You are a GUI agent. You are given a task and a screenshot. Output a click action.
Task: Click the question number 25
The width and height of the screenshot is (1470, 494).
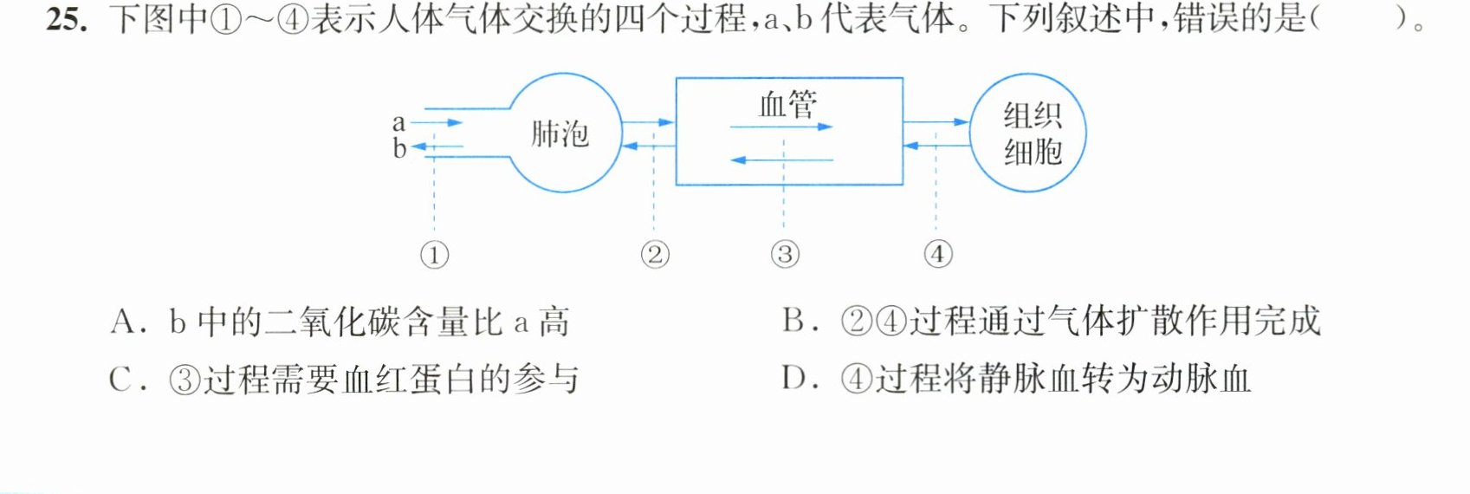67,19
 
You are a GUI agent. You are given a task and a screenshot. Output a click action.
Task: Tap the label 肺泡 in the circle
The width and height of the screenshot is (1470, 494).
560,134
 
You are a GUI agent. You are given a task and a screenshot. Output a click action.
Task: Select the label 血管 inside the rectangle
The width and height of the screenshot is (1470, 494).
788,105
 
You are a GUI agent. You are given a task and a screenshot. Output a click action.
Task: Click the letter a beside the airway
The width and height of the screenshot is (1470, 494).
398,123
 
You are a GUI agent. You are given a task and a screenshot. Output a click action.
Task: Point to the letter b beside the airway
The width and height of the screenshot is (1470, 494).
399,148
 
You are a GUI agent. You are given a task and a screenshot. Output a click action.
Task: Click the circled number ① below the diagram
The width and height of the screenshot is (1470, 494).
435,255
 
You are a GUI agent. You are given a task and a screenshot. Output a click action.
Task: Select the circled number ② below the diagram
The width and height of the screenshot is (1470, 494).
655,254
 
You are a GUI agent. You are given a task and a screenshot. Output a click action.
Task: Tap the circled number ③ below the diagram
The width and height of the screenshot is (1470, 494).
785,254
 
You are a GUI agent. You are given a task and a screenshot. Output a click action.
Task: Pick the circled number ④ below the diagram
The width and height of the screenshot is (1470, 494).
938,254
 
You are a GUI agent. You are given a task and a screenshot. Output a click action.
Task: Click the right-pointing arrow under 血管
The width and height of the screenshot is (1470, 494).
781,127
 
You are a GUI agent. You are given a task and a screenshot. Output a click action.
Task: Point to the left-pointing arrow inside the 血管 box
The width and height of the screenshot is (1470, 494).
781,159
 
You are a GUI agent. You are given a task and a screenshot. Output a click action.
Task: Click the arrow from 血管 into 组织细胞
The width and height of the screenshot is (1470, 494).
936,121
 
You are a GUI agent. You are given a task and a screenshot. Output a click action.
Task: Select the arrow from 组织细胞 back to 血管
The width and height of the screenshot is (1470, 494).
936,146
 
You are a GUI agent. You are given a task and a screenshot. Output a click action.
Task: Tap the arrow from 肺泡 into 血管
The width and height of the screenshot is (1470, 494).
648,122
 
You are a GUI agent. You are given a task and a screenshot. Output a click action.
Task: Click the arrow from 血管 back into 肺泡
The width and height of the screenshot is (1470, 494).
648,146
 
